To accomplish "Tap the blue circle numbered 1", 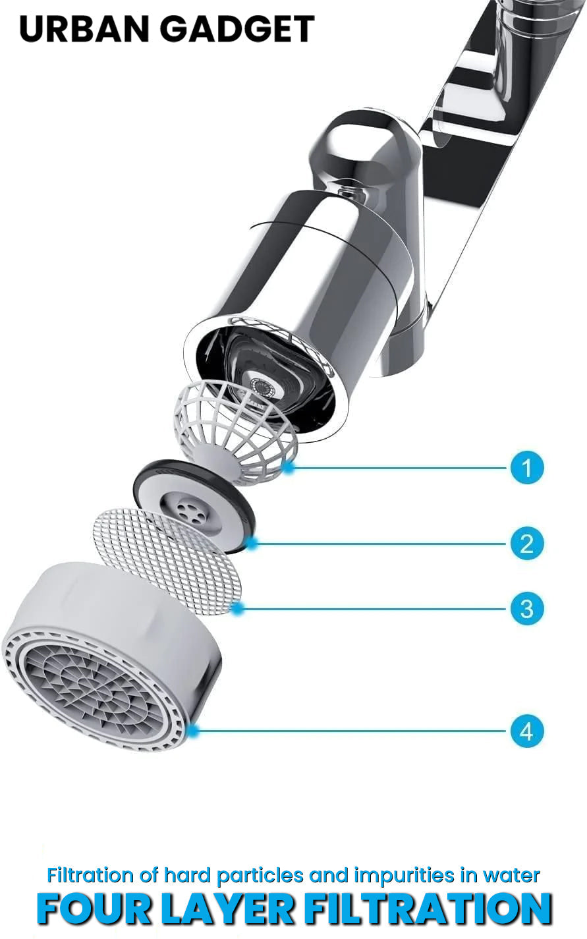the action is [526, 467].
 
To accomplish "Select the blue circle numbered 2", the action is [526, 544].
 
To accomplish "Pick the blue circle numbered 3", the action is [526, 609].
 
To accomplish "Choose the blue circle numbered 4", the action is [526, 731].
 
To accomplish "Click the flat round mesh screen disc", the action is [167, 561].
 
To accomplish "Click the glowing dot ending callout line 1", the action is [289, 467].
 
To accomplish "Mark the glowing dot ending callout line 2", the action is [252, 543].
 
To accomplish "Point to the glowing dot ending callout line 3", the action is [238, 608].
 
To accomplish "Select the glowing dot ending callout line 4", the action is [192, 731].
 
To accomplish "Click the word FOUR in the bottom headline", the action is [94, 909].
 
